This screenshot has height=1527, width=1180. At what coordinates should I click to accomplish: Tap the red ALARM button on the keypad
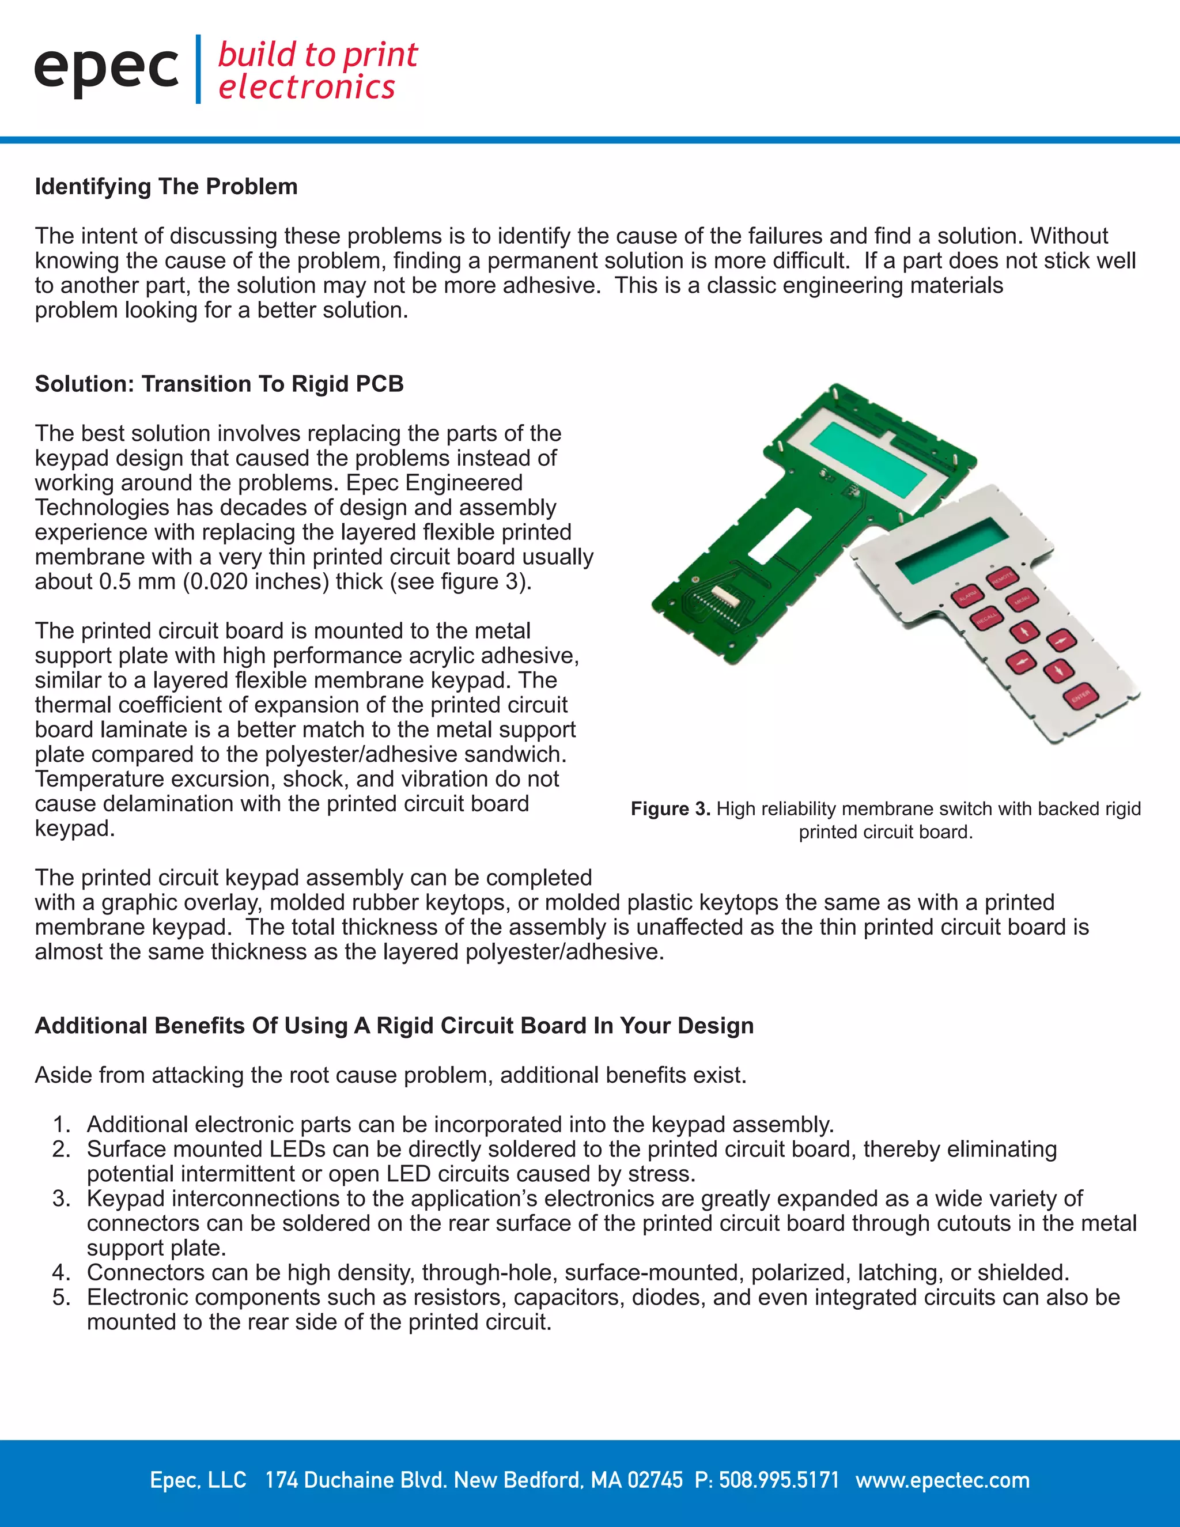coord(967,596)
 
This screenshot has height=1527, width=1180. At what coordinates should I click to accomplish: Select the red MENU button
coord(1022,600)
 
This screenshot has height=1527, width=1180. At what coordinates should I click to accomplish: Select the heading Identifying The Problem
coord(167,187)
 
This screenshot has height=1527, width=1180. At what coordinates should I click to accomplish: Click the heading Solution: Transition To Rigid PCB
coord(220,384)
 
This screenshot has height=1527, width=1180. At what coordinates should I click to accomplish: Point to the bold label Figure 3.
coord(670,809)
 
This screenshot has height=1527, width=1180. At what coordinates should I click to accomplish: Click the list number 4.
coord(62,1272)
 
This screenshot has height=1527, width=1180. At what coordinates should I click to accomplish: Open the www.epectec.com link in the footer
coord(942,1480)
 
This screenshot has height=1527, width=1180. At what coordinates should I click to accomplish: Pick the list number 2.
coord(62,1149)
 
